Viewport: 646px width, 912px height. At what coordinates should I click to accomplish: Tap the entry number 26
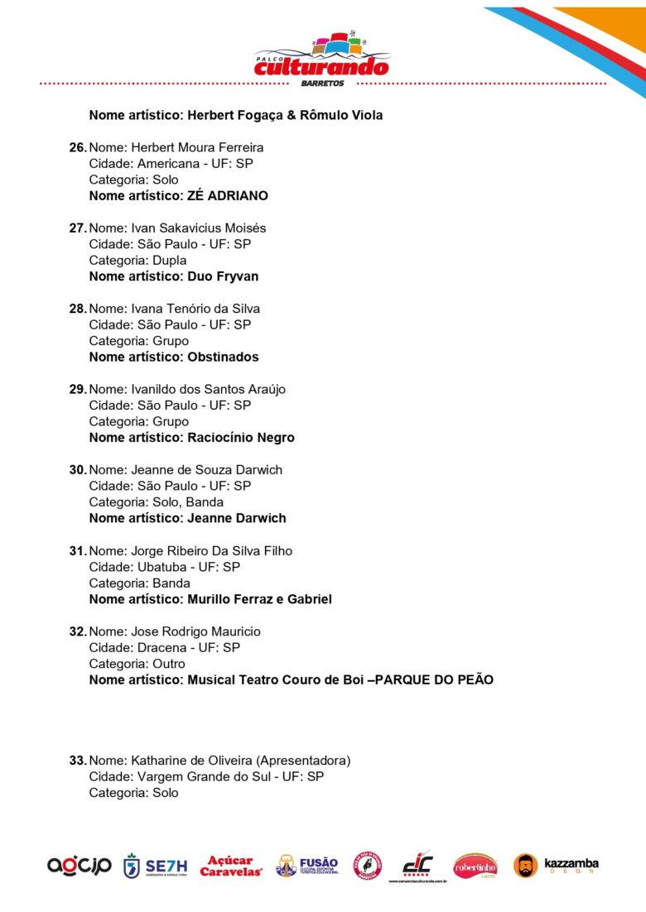click(x=77, y=147)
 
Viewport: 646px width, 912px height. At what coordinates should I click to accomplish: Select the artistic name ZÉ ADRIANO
click(x=228, y=196)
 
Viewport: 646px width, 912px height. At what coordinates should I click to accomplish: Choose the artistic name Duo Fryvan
click(x=223, y=276)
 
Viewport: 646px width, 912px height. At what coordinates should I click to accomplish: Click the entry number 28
click(x=77, y=309)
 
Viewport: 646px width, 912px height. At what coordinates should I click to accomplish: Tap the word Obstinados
click(x=223, y=358)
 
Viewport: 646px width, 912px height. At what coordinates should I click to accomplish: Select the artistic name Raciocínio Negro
click(x=241, y=438)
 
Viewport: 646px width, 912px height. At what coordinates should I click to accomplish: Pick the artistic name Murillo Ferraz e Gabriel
click(x=259, y=599)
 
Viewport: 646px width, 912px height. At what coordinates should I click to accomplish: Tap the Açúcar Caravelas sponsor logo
click(x=231, y=866)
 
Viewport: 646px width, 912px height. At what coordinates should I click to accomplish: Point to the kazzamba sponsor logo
click(x=557, y=866)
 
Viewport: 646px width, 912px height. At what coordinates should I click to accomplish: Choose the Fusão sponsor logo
click(x=307, y=866)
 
